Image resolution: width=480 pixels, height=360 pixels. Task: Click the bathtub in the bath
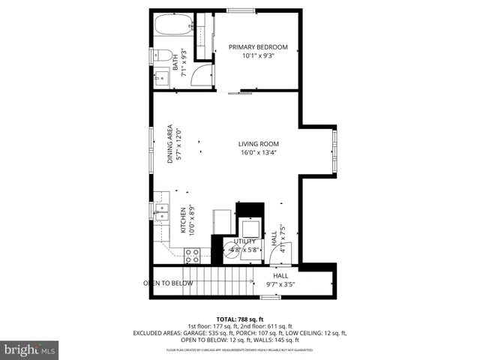(x=173, y=28)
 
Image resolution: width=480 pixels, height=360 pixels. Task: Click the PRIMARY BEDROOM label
(x=258, y=46)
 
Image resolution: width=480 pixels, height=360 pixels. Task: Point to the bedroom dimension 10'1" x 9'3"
(x=258, y=55)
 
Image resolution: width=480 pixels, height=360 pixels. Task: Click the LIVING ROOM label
(x=259, y=144)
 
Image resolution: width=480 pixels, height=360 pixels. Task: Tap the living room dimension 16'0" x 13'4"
(x=259, y=153)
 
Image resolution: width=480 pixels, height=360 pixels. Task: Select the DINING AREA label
(x=170, y=143)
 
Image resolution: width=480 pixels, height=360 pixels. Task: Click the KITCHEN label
(x=182, y=223)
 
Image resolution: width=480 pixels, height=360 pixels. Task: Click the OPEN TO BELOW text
(x=168, y=283)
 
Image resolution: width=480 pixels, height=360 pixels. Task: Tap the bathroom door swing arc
(x=201, y=73)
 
